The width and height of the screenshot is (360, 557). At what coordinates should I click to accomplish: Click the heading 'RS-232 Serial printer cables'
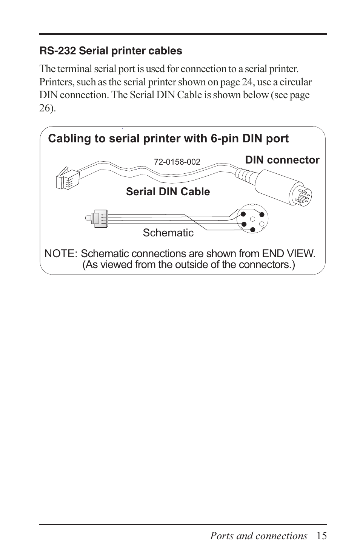point(111,51)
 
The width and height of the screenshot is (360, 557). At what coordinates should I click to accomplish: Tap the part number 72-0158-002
point(177,162)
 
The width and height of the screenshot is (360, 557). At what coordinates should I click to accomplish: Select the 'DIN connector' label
point(282,160)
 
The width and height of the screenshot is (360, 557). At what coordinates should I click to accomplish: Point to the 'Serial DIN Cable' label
point(168,192)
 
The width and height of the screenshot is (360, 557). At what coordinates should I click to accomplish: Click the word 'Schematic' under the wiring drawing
point(168,233)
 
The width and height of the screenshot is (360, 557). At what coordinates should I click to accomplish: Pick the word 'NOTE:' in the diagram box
point(61,254)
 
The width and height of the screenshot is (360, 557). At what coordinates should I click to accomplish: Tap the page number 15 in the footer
point(322,536)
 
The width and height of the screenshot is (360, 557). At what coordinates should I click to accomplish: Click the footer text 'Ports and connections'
point(258,536)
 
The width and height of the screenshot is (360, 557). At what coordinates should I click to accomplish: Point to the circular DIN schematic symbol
point(252,219)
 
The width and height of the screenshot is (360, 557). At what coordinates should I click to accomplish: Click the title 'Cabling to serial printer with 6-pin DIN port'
point(168,139)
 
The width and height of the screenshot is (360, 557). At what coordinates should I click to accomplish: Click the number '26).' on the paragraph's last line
point(48,108)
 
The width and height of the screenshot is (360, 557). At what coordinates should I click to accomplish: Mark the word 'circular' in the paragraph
point(295,82)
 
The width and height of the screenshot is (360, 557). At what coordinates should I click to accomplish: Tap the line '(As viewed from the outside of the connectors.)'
point(189,265)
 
